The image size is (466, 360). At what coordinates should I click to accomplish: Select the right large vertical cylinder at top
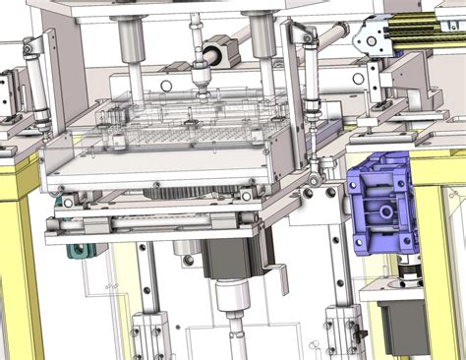260,34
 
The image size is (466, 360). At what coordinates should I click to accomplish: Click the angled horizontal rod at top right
330,36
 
